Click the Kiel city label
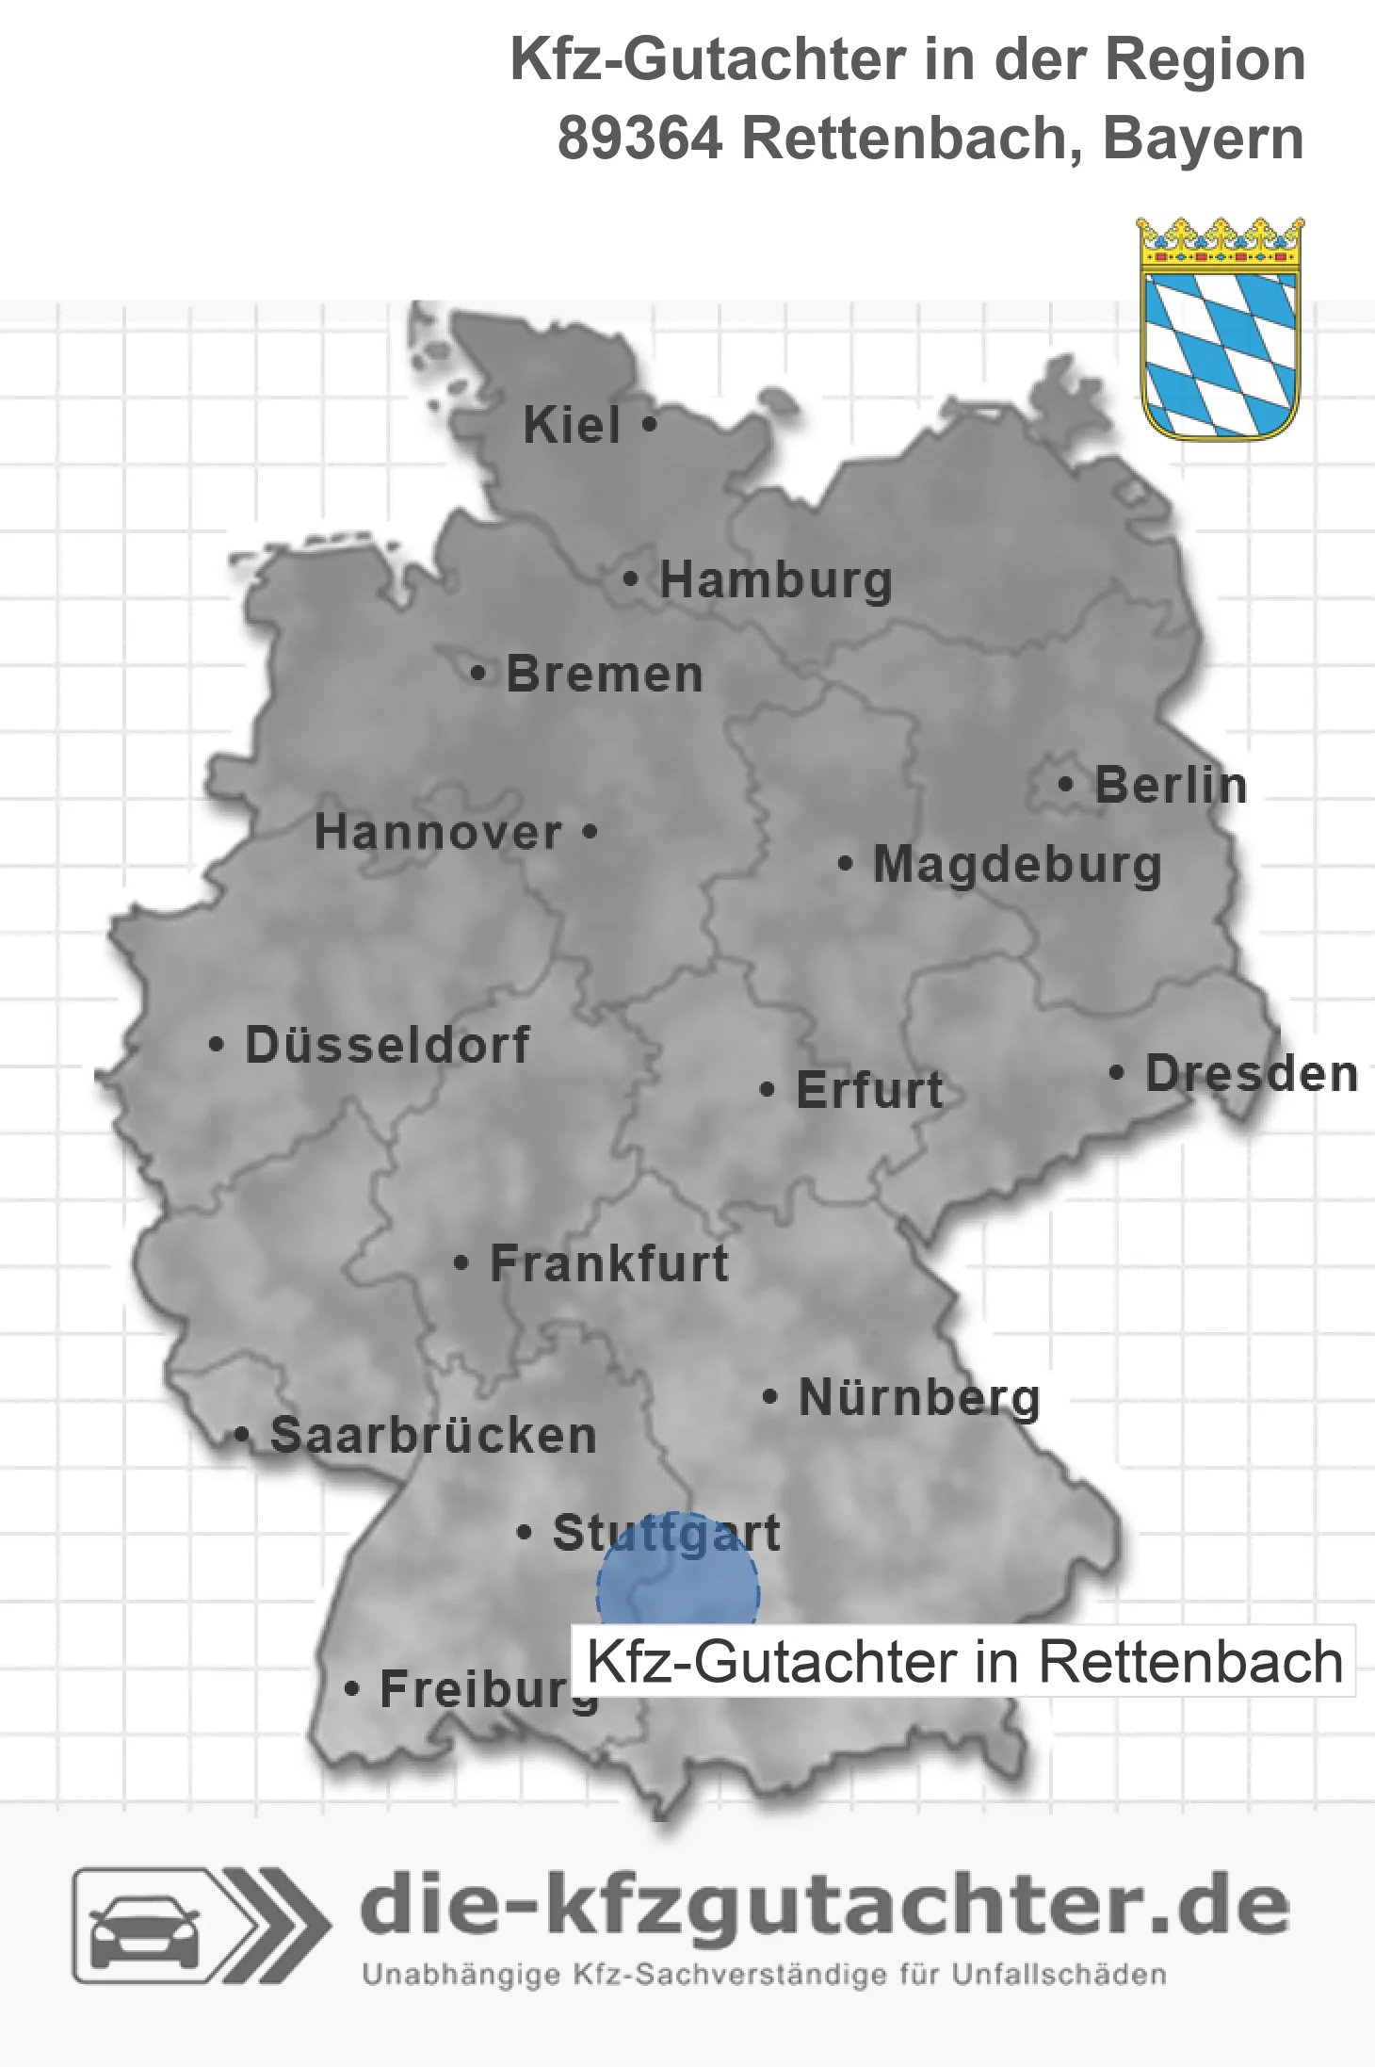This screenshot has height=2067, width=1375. click(572, 425)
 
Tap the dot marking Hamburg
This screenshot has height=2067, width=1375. click(631, 579)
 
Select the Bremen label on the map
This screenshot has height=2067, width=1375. click(604, 675)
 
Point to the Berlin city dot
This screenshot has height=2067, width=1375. click(1065, 785)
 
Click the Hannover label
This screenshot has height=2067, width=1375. click(438, 833)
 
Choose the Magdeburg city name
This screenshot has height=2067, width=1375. click(1017, 865)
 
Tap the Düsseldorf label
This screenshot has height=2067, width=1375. click(387, 1045)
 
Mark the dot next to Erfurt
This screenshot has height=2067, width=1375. click(768, 1090)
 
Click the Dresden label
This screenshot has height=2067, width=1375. click(1251, 1074)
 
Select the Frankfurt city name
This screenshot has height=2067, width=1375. click(609, 1263)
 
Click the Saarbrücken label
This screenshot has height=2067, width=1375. click(433, 1436)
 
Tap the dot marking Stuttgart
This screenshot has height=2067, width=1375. click(525, 1533)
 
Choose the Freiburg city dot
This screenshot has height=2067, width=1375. click(352, 1689)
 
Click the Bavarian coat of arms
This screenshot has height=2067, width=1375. click(1220, 329)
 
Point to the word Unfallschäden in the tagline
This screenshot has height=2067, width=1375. click(1059, 1975)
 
